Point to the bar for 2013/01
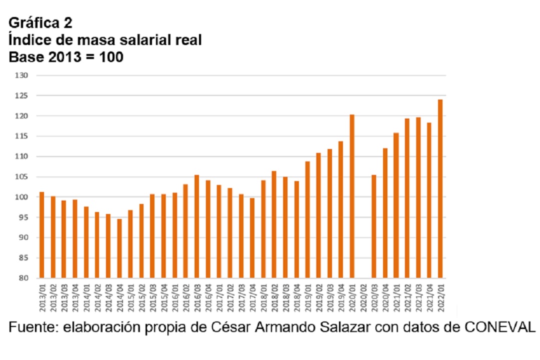[x=41, y=234]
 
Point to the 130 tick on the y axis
[x=22, y=75]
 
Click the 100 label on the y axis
[x=22, y=197]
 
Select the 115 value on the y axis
[x=22, y=136]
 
